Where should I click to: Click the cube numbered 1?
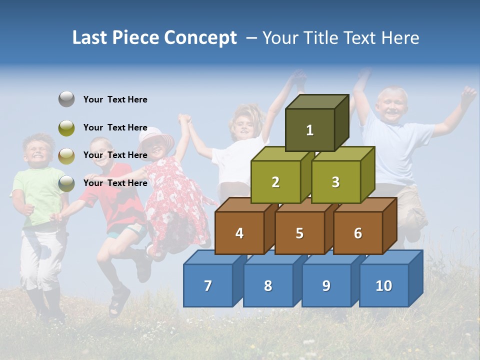pos(310,130)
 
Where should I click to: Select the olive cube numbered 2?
pos(275,182)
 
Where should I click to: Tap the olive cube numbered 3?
pos(335,182)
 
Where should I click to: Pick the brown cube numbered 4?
pos(239,233)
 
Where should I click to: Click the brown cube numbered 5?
pos(299,233)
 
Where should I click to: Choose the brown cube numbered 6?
pos(358,233)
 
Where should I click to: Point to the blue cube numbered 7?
pos(208,285)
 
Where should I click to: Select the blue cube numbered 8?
pos(268,285)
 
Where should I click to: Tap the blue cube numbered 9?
pos(326,285)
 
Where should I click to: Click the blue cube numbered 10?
pos(384,285)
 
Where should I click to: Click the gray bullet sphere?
pos(66,99)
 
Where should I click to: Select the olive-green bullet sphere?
pos(66,127)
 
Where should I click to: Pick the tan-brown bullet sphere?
pos(66,155)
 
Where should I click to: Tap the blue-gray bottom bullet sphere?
pos(66,183)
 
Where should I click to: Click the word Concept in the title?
pos(200,38)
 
